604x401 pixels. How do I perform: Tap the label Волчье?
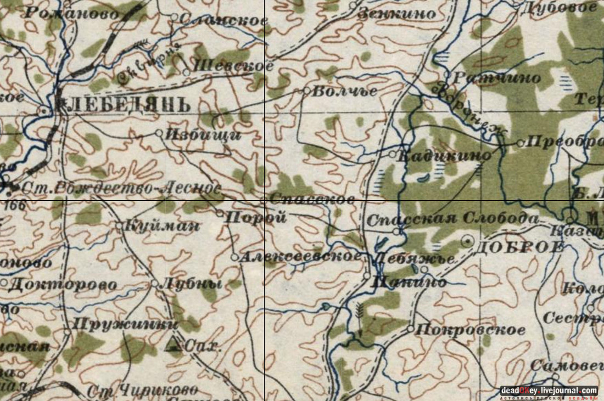point(344,92)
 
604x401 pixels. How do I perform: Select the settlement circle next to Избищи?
point(159,133)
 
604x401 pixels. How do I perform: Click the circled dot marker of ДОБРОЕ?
point(467,240)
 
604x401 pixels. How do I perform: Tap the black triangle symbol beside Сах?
point(174,344)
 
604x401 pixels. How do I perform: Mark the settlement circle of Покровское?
point(410,329)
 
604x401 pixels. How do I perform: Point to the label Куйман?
point(162,225)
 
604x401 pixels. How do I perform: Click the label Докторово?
point(63,284)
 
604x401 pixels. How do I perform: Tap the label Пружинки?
point(126,324)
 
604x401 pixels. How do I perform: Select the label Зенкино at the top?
point(396,14)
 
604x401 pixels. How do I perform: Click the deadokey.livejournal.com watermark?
point(549,391)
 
